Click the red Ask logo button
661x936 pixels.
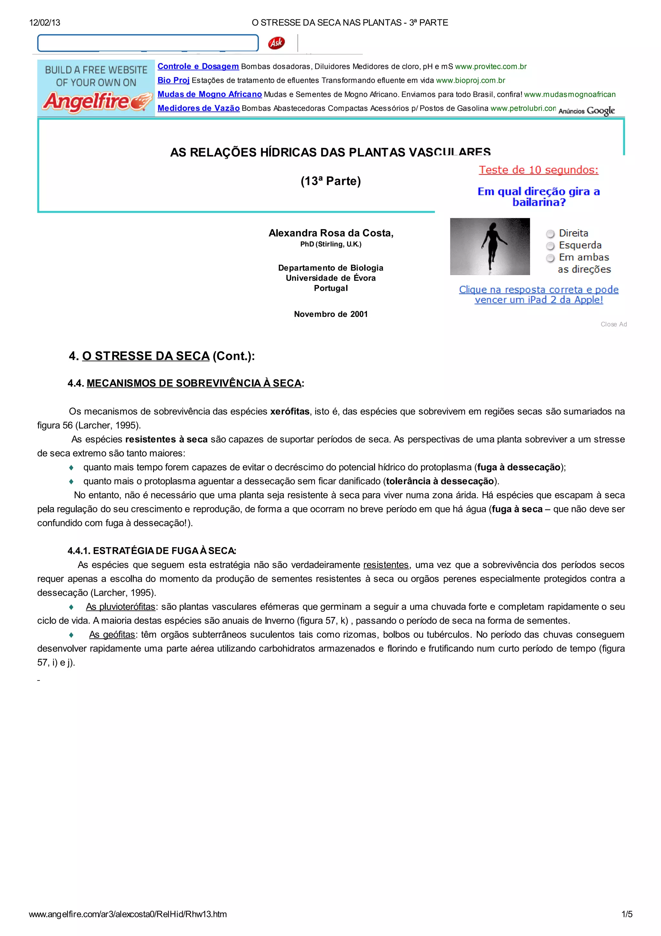click(x=276, y=43)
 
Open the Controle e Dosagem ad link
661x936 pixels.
click(x=198, y=67)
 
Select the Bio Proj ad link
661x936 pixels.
click(x=174, y=80)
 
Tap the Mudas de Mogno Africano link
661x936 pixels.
click(x=209, y=94)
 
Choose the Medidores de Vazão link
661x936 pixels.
click(x=198, y=108)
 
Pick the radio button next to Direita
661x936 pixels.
click(x=550, y=234)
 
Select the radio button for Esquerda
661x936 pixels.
click(x=550, y=246)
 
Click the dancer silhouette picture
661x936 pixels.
click(x=490, y=246)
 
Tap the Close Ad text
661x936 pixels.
click(x=613, y=324)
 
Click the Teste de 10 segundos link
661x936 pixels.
click(x=538, y=170)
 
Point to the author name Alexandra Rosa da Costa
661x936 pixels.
click(x=331, y=233)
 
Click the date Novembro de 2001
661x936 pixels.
click(x=331, y=314)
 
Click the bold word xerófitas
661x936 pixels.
click(x=290, y=411)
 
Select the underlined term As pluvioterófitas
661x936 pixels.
click(x=121, y=606)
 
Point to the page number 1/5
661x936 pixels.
click(x=627, y=914)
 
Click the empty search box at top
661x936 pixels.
click(x=148, y=43)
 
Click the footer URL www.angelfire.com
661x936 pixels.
click(x=128, y=914)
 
